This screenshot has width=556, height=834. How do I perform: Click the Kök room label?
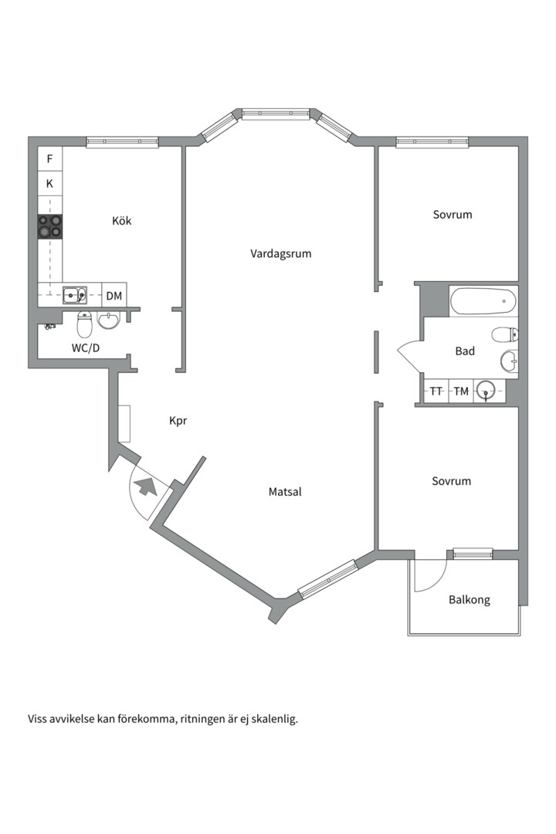121,221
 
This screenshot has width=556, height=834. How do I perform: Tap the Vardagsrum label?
281,254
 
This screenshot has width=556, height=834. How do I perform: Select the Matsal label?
285,492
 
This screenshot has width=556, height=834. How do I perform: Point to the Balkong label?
470,600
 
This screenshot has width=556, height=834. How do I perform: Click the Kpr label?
178,421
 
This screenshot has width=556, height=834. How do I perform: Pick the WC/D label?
86,348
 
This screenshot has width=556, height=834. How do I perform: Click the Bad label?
465,351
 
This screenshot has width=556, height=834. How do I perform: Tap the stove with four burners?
49,226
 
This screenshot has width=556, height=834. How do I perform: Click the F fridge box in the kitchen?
50,158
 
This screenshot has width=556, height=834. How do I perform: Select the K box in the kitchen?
50,184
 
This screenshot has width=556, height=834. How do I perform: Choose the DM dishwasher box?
114,296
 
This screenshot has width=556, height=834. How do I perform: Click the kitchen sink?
75,295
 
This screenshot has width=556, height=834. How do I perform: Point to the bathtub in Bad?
483,301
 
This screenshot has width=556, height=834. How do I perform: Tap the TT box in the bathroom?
436,391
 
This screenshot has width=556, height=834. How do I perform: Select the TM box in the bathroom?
461,391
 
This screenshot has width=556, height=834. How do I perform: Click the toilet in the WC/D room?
85,324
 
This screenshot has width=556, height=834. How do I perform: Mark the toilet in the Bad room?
505,334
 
